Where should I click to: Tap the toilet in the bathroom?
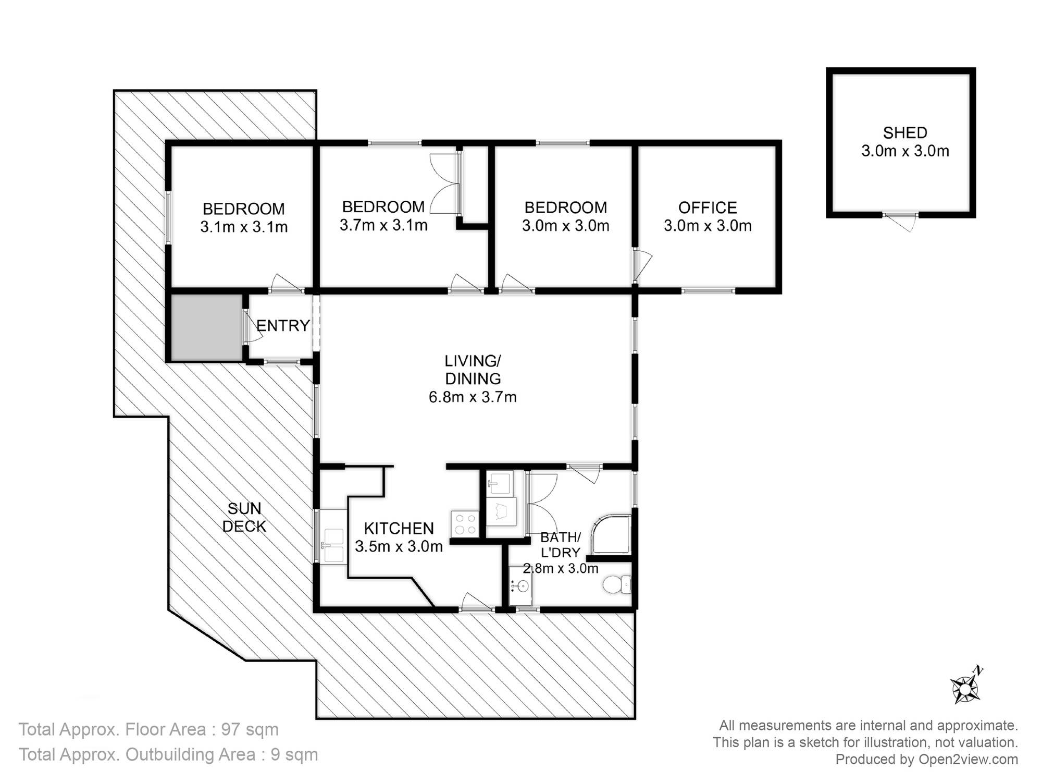coord(617,584)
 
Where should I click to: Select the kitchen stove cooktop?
coord(465,523)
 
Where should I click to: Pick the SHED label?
coord(905,132)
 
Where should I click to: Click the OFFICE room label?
coord(708,207)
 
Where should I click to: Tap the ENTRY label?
coord(283,326)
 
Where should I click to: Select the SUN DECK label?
coord(244,517)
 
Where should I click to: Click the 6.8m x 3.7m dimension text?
coord(473,397)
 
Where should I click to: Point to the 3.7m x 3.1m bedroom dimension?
coord(383,225)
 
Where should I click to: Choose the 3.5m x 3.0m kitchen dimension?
coord(399,546)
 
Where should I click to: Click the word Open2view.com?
coord(968,759)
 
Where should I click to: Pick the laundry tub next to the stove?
coord(501,511)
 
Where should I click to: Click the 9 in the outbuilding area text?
coord(276,754)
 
